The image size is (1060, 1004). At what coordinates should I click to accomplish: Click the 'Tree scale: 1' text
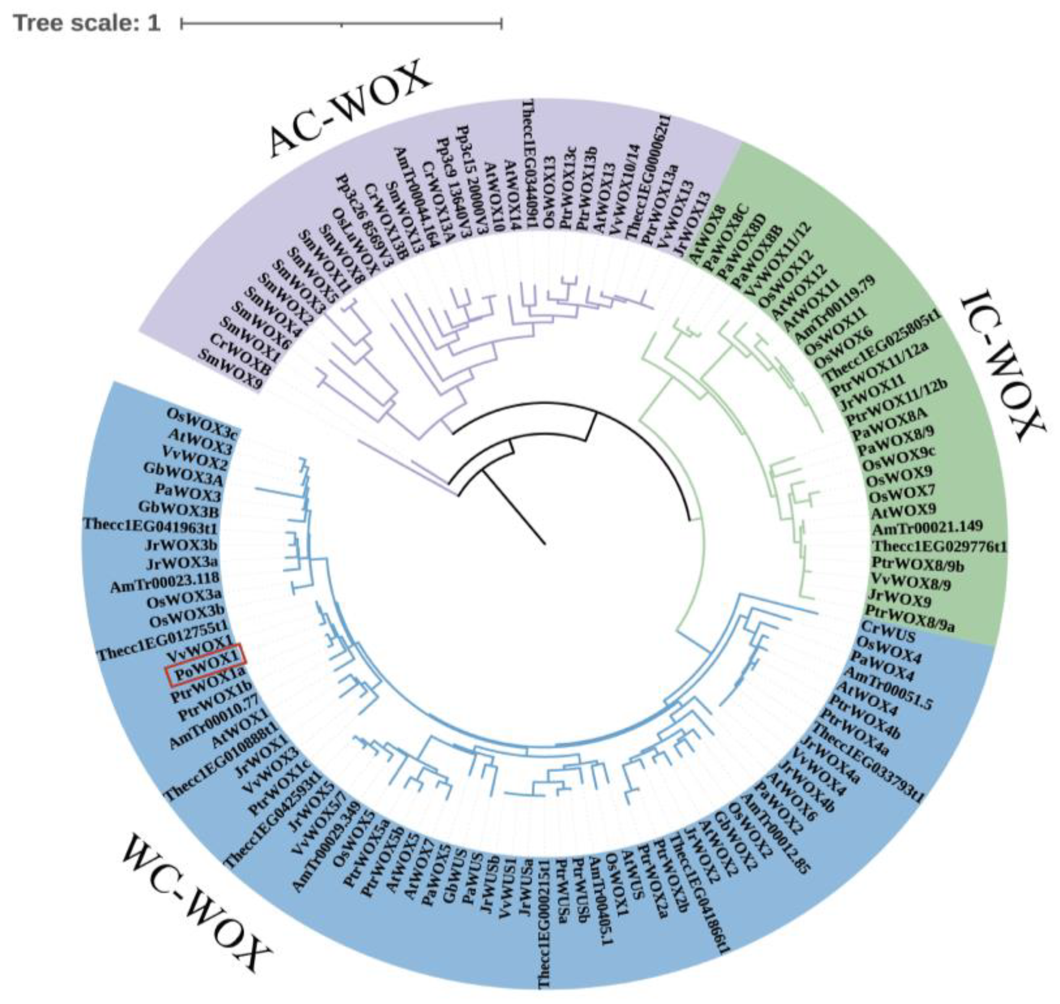[87, 23]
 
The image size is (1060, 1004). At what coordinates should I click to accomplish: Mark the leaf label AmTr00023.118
[165, 582]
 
